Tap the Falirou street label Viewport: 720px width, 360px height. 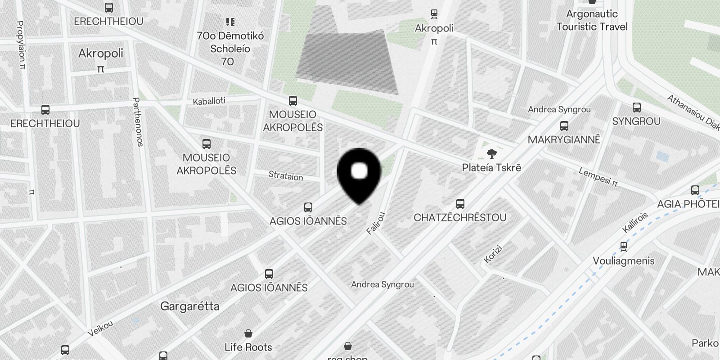(376, 223)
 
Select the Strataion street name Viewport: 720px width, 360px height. (286, 175)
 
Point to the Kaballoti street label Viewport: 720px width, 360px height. (209, 101)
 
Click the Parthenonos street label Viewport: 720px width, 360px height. (138, 122)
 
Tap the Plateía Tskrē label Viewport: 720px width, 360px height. (491, 167)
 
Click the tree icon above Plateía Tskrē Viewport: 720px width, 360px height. (492, 154)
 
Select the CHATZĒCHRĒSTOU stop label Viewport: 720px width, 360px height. (460, 217)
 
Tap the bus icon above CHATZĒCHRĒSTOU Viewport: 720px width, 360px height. (460, 204)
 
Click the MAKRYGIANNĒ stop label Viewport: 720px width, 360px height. (564, 139)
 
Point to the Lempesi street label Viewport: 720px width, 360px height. (598, 177)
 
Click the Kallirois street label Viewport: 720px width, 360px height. (635, 222)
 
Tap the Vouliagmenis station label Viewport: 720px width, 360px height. (623, 261)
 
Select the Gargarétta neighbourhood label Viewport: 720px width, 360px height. (190, 306)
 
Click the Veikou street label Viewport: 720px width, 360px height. (100, 328)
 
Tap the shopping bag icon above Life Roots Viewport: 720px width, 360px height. (248, 333)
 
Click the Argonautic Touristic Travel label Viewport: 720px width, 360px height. (592, 20)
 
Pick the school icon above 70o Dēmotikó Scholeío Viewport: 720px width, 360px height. (230, 22)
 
